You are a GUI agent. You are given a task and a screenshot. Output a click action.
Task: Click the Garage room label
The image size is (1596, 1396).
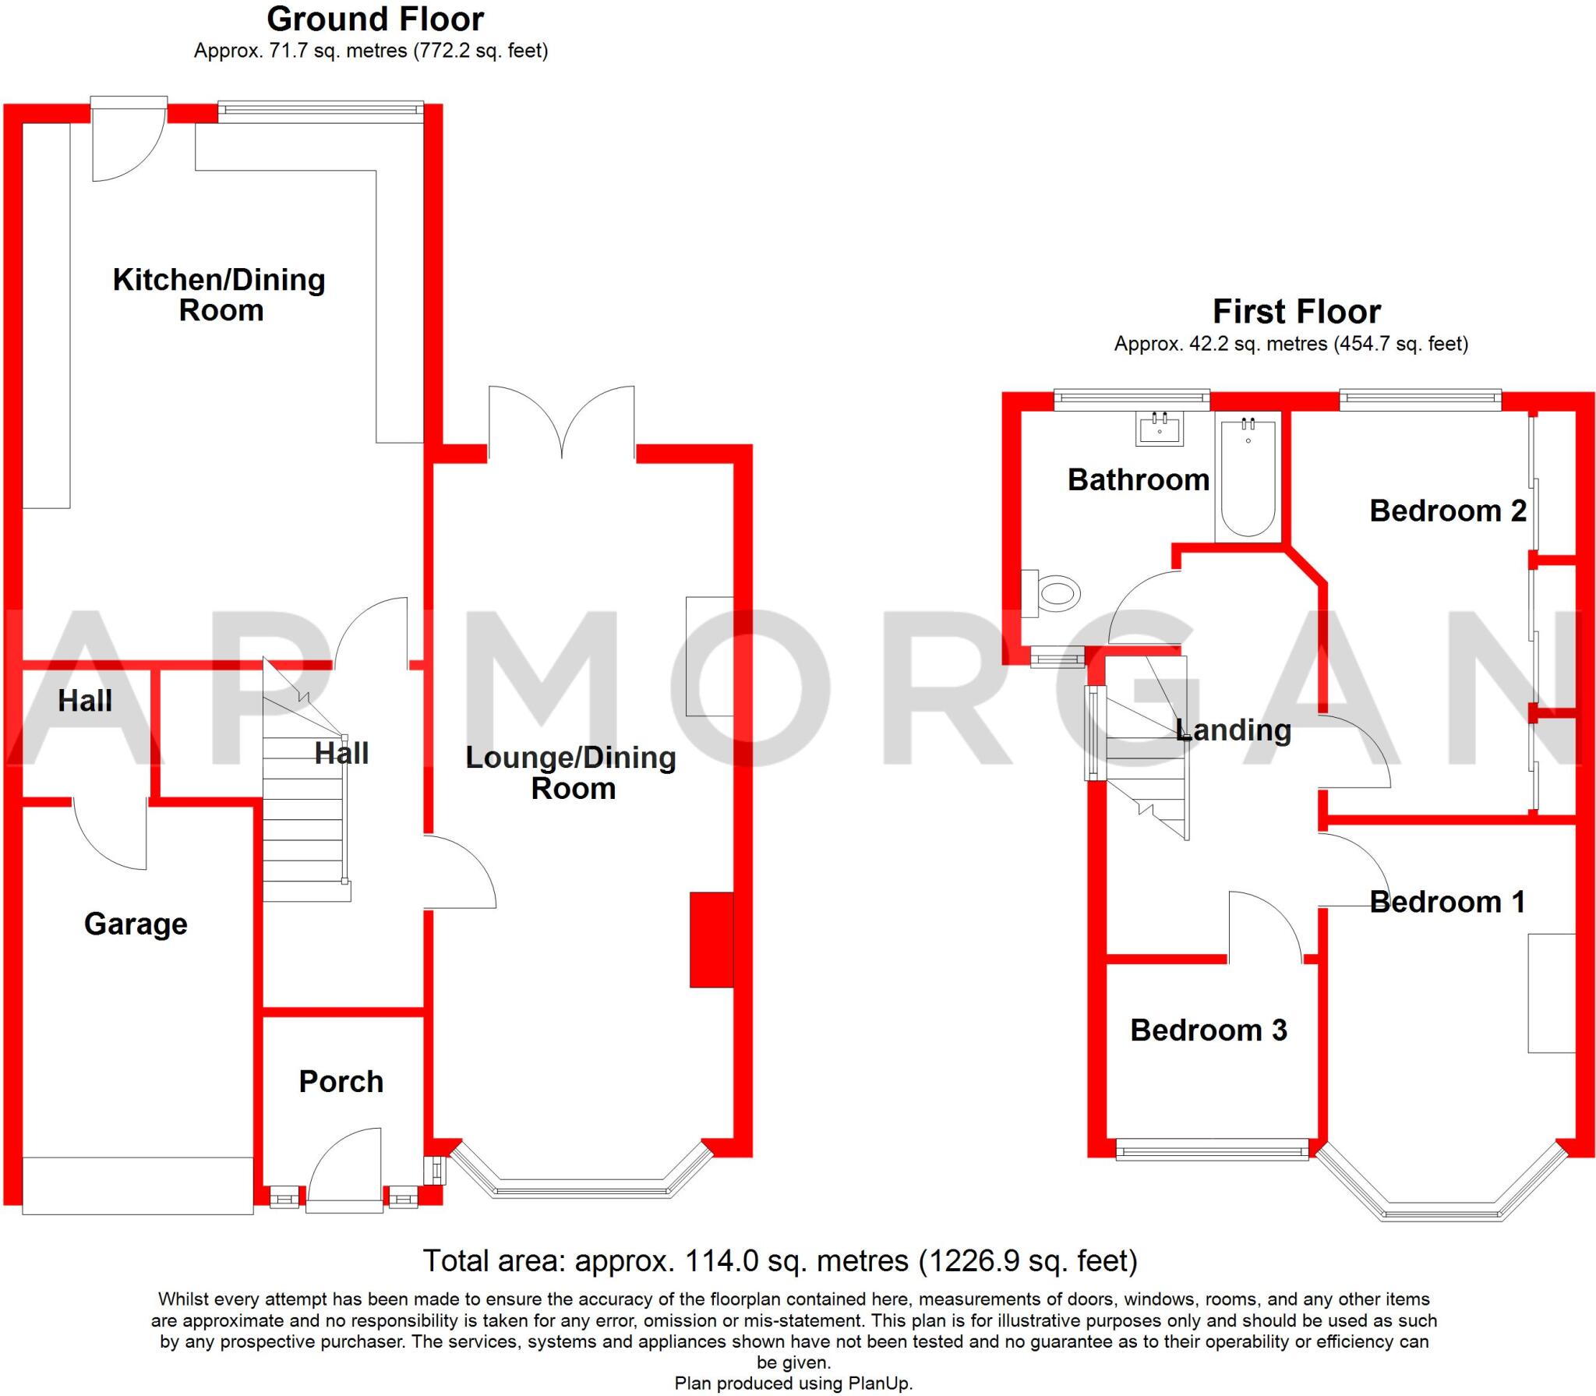136,924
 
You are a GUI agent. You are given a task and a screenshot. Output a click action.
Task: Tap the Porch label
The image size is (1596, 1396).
341,1081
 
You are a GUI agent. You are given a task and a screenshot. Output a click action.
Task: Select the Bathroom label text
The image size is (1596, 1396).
1139,479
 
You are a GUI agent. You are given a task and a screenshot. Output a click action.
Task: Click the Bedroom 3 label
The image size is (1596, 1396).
1209,1030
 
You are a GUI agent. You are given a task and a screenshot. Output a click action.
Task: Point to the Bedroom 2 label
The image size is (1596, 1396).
1448,511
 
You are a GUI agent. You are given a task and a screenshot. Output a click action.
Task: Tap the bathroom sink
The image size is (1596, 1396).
1160,429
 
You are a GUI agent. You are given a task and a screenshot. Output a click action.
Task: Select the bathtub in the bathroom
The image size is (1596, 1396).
1248,476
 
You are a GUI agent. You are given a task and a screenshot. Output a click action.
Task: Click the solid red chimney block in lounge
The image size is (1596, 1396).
711,940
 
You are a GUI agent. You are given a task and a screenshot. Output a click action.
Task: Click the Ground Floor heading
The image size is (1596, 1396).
376,19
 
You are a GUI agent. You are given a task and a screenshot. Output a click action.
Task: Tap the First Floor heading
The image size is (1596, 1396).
1297,312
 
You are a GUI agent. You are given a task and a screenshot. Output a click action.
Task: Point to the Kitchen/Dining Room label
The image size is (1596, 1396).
219,295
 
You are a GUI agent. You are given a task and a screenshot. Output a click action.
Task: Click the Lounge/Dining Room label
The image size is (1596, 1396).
571,772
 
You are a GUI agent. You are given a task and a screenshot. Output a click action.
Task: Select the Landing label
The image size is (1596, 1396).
1234,730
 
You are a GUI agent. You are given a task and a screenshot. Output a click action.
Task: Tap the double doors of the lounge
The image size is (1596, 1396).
562,421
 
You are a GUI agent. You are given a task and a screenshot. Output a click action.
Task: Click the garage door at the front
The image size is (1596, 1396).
138,1186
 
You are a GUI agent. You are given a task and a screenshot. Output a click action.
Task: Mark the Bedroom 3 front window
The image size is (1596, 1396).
1213,1149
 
